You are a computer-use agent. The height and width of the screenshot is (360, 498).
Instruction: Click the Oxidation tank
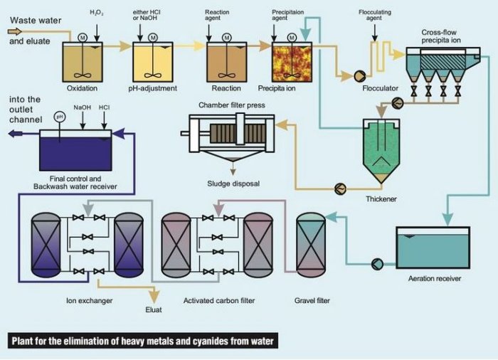[x=83, y=63]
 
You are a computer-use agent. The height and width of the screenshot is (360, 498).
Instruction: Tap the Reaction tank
[x=226, y=63]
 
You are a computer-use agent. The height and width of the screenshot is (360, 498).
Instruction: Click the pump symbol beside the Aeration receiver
[x=377, y=263]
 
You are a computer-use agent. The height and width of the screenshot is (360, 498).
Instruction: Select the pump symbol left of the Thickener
[x=340, y=189]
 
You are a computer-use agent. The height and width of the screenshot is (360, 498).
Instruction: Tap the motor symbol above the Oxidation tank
[x=83, y=36]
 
